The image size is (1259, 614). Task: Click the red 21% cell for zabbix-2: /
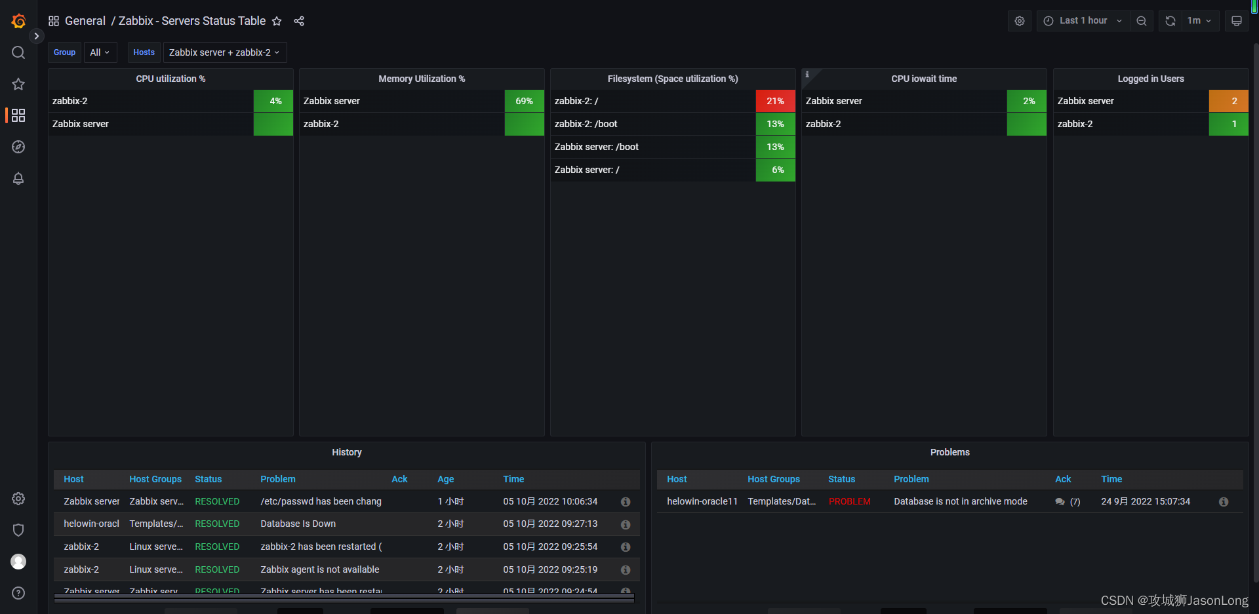tap(775, 101)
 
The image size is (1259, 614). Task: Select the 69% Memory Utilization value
tap(524, 101)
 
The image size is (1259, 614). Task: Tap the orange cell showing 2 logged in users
tap(1228, 101)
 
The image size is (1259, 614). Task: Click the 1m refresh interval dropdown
tap(1199, 21)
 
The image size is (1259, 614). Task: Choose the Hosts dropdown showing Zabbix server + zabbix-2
tap(224, 52)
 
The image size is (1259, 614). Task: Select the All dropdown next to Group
tap(100, 52)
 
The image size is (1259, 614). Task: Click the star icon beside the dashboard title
tap(277, 21)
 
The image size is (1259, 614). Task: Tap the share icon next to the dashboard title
tap(299, 21)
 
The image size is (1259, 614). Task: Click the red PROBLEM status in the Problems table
tap(850, 501)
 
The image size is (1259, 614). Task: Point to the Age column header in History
tap(445, 479)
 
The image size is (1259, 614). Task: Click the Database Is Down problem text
tap(298, 524)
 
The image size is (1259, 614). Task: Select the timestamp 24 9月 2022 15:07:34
tap(1145, 501)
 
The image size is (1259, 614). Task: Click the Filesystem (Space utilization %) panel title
tap(672, 79)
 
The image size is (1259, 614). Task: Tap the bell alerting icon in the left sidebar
tap(18, 178)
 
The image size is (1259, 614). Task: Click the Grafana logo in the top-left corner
tap(18, 21)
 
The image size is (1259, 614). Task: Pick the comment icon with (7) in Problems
tap(1060, 502)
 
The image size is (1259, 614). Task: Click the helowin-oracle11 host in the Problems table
tap(702, 501)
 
